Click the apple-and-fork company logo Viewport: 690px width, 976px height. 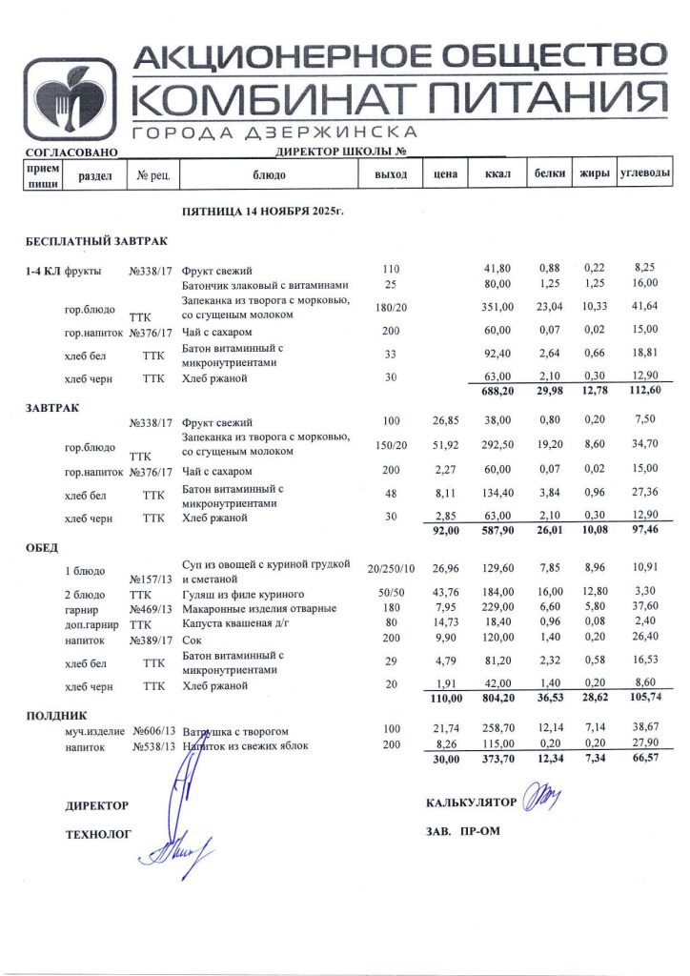[70, 99]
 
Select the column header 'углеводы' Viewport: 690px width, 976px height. [645, 174]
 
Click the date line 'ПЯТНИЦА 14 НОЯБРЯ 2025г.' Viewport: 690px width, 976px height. [262, 209]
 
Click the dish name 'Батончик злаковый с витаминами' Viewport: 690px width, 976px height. [264, 285]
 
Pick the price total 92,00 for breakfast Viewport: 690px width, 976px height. [445, 530]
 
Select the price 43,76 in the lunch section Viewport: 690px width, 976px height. [445, 593]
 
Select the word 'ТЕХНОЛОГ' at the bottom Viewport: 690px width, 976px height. [98, 835]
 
